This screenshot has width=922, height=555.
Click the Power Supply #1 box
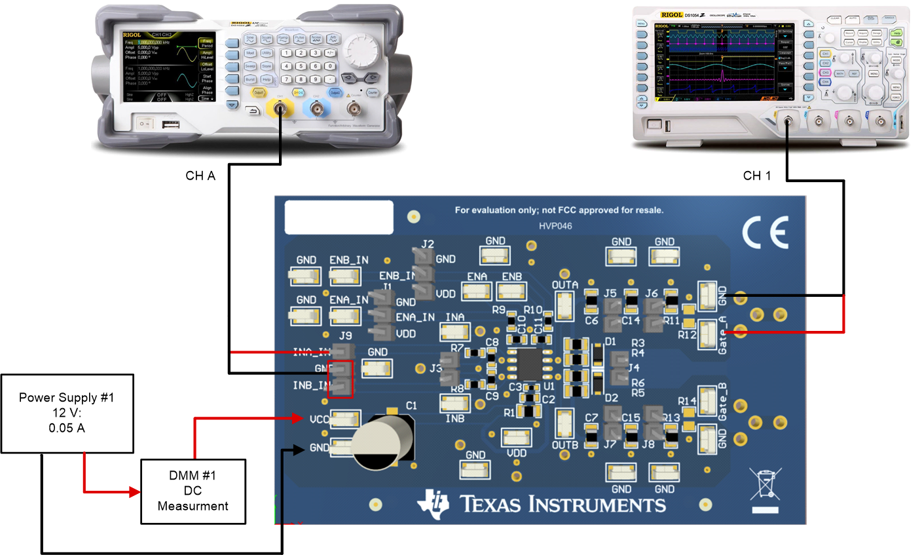tap(67, 413)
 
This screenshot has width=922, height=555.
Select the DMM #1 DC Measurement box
tap(193, 491)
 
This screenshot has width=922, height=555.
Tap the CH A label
tap(200, 176)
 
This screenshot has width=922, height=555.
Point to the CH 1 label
tap(756, 176)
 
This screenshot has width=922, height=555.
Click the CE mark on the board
tap(765, 233)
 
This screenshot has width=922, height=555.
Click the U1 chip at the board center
tap(530, 364)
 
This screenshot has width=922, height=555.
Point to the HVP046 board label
tap(555, 226)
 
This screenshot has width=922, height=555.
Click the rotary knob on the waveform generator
tap(361, 50)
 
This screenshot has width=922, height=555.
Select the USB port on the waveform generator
tap(170, 123)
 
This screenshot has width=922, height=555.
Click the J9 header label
tap(345, 335)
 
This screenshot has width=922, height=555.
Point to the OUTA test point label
tap(564, 285)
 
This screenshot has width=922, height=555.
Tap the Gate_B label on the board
tap(722, 402)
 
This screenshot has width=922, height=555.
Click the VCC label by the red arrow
tap(319, 419)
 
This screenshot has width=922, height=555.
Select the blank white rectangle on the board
tap(339, 217)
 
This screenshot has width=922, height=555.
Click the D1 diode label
tap(610, 342)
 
